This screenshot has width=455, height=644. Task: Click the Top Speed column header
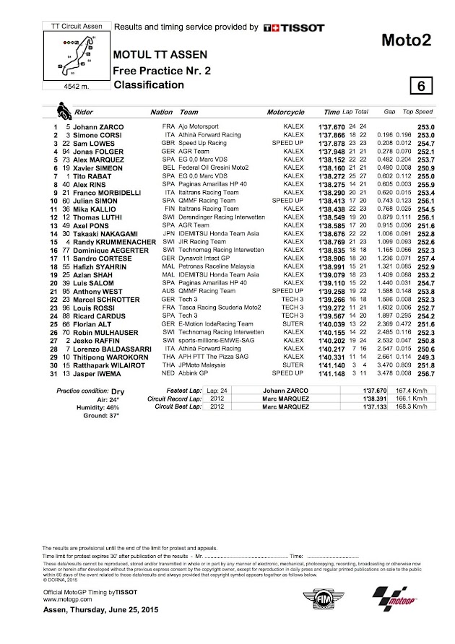pyautogui.click(x=417, y=113)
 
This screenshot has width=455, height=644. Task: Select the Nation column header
pyautogui.click(x=161, y=113)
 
